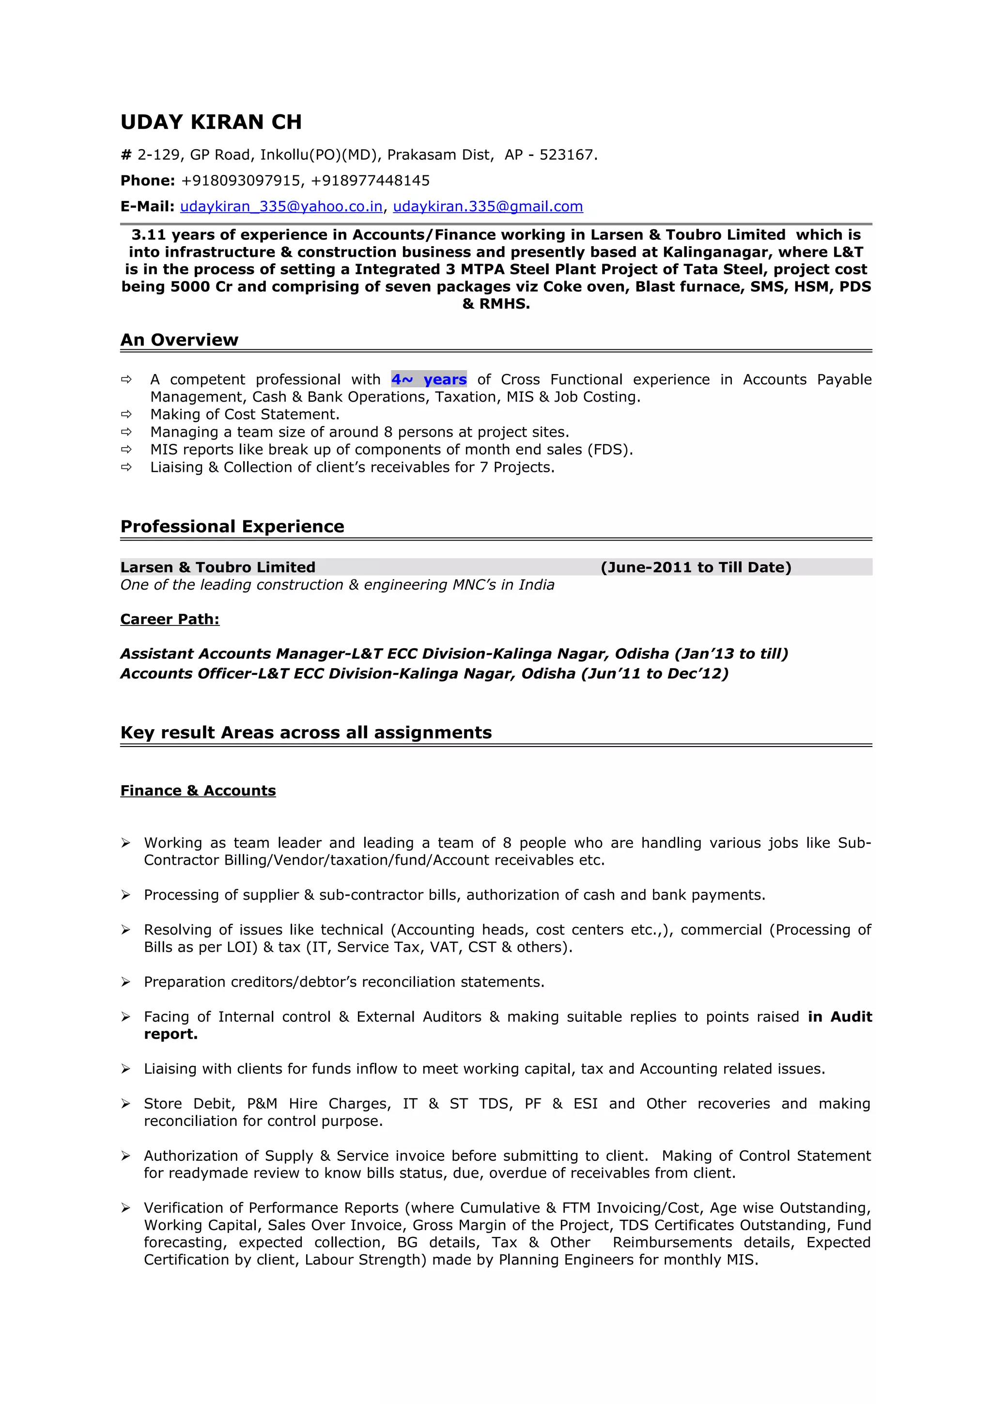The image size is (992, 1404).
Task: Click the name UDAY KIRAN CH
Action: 211,122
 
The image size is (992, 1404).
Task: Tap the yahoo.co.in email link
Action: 281,207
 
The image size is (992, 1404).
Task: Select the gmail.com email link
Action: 487,207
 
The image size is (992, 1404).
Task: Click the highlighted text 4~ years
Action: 429,380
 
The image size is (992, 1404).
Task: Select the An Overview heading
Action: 179,340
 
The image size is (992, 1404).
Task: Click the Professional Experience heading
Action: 232,527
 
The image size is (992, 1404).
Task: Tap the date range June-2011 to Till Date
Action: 696,567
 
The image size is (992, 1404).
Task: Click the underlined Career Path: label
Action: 170,620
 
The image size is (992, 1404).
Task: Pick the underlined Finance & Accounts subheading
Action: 198,791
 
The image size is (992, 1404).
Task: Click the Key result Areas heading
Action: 306,733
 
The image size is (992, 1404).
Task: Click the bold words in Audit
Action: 839,1017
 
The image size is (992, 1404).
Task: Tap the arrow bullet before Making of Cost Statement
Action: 126,415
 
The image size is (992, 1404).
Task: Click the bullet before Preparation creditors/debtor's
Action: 126,982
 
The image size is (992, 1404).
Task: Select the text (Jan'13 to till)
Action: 731,654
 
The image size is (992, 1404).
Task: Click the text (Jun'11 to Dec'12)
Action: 654,674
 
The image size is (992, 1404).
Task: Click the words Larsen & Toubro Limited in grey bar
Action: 217,567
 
